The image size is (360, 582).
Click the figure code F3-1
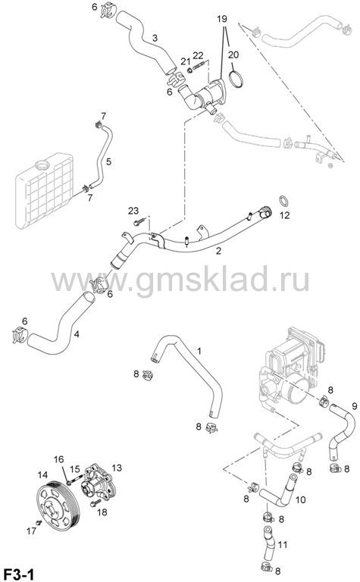pos(18,574)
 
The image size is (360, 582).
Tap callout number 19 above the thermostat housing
pos(222,18)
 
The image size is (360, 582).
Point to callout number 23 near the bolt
pos(133,211)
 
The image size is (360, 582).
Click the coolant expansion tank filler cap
pos(42,164)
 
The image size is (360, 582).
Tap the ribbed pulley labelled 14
pos(57,504)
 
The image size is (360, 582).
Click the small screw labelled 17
pos(38,523)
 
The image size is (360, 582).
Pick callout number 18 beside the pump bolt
pos(102,512)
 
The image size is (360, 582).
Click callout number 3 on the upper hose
pos(155,37)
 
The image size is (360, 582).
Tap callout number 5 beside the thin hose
pos(108,161)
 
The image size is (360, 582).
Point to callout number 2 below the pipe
pos(218,251)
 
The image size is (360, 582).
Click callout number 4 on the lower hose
pos(77,334)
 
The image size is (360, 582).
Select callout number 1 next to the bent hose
pos(199,351)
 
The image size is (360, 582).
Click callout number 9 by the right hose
pos(355,406)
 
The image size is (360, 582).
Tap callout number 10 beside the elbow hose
pos(300,499)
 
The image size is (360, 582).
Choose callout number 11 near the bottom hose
pos(283,545)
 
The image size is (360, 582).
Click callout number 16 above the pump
pos(58,459)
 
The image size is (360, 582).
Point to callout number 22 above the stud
pos(198,55)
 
